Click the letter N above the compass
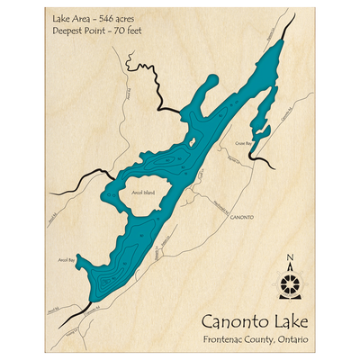290,262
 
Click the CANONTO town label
242,218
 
